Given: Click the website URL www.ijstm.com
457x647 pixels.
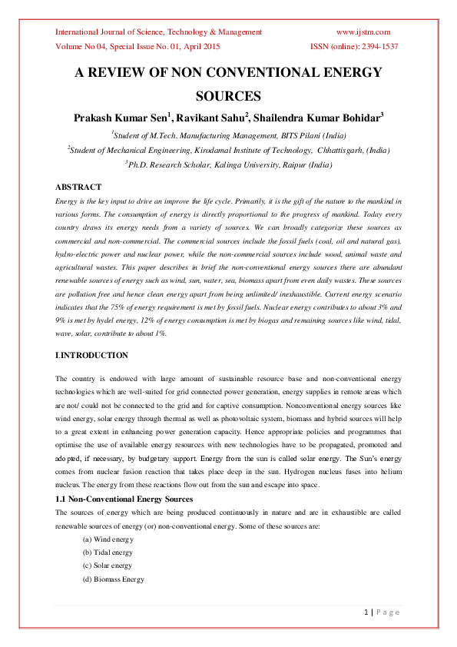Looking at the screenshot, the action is coord(363,32).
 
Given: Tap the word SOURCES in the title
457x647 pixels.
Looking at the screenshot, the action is coord(228,96).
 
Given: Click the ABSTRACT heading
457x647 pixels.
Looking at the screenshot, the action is coord(78,187).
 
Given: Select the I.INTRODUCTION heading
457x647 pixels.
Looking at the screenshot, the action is coord(91,356).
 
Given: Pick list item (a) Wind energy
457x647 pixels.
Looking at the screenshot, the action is coord(108,539).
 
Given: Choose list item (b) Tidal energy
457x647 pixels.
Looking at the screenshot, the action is coord(108,552).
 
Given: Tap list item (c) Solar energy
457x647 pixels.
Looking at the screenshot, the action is coord(108,566).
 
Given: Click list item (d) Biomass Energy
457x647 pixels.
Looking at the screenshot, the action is coord(113,579).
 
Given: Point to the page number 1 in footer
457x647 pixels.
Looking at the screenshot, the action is coord(366,612).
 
